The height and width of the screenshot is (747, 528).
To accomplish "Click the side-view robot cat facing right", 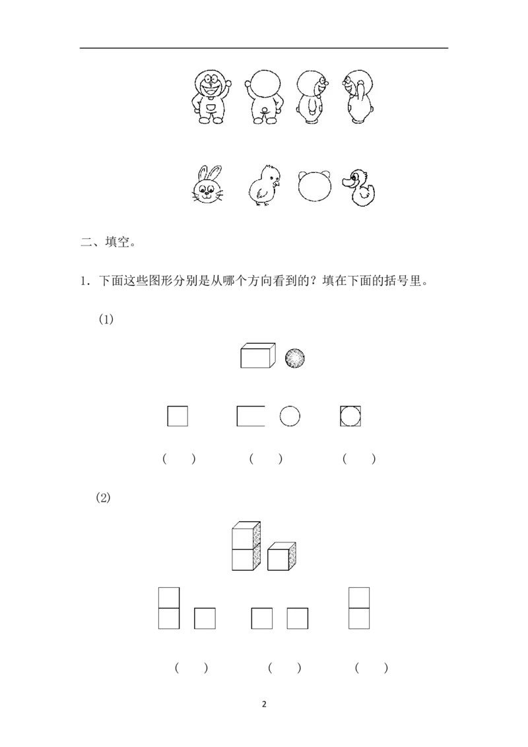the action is pos(310,96).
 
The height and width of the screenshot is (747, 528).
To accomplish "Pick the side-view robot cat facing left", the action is pos(356,96).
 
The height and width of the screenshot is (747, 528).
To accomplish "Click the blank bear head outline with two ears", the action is pos(314,186).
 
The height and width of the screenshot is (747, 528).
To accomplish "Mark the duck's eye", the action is pos(356,176).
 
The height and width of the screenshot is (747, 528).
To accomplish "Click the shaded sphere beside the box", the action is pos(295,358).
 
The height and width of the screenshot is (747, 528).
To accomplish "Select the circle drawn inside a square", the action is pos(350,416).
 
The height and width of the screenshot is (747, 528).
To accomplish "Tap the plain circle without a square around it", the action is pos(290,416).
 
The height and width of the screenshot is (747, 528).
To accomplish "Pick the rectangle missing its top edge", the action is pos(250,417).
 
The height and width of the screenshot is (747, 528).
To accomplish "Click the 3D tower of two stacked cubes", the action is pos(246,546).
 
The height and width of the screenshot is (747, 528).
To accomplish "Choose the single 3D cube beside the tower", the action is pos(281,556).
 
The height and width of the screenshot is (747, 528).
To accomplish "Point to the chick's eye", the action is pos(272,175).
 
